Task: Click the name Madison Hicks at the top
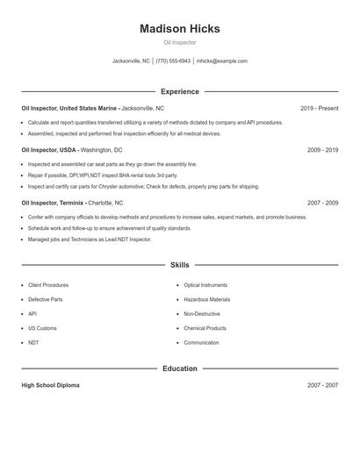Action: [x=179, y=29]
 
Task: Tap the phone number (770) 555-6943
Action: [x=173, y=61]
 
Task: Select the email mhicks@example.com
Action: [x=222, y=61]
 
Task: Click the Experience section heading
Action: [x=179, y=91]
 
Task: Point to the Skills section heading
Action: [x=179, y=264]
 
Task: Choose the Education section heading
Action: [x=179, y=368]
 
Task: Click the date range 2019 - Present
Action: [x=319, y=108]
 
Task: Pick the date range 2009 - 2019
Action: [x=322, y=150]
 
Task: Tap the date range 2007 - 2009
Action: [x=322, y=203]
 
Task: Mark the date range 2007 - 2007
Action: [x=322, y=385]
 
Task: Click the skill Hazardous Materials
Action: [x=206, y=299]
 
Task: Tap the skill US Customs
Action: [x=43, y=328]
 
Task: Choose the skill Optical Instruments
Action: [x=205, y=285]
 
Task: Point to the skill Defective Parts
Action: [x=46, y=299]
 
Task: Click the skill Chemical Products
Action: [x=205, y=328]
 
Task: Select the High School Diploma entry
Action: [x=50, y=385]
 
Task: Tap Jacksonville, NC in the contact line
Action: [x=131, y=61]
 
